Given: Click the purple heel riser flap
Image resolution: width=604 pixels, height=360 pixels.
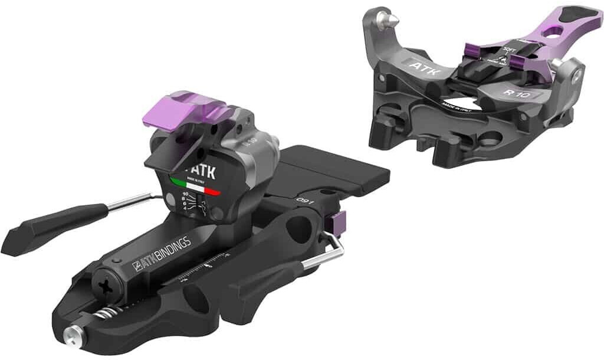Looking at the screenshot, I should click(177, 109).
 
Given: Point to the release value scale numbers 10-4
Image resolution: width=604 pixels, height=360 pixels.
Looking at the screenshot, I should click(187, 204).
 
